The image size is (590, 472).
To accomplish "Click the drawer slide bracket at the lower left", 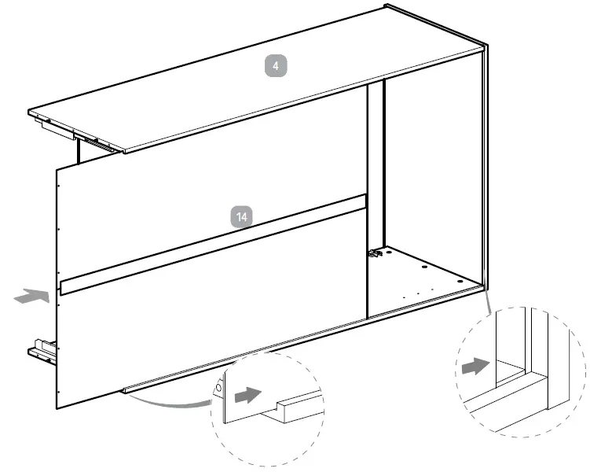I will [42, 350].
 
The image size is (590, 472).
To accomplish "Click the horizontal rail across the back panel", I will [212, 243].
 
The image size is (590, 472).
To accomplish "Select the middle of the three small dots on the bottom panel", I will [419, 293].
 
